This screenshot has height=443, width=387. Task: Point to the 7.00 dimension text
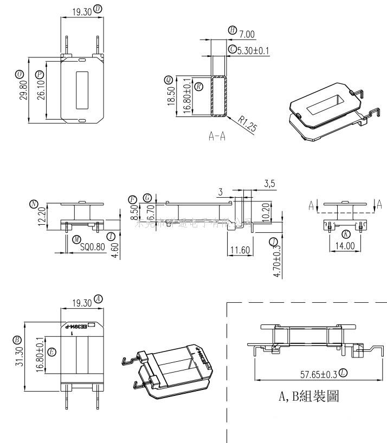click(x=247, y=34)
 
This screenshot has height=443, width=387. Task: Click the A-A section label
click(x=217, y=136)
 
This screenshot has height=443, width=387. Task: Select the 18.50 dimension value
click(x=171, y=96)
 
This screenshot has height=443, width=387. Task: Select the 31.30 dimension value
click(x=18, y=361)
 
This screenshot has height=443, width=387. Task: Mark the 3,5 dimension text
click(x=269, y=184)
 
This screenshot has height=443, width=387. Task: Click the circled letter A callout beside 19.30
click(x=98, y=298)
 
